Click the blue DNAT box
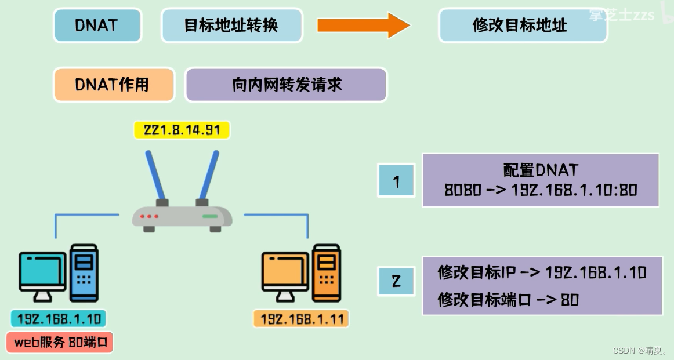(97, 26)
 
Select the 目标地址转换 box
(231, 26)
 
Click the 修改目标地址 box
(522, 26)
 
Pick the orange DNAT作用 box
(114, 85)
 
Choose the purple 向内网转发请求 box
(286, 85)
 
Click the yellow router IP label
(182, 130)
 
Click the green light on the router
(210, 216)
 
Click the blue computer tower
(84, 272)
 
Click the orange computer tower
(326, 272)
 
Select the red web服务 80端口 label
(60, 343)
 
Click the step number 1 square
(396, 180)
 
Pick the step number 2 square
(396, 282)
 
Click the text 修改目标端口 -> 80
(508, 300)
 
